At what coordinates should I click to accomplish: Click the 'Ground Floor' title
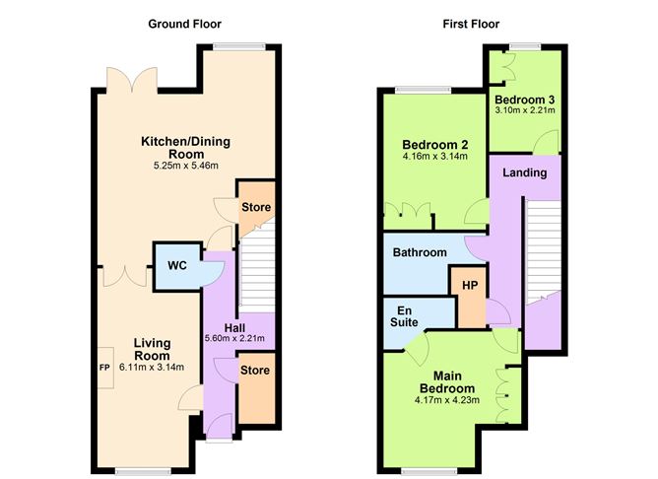point(184,24)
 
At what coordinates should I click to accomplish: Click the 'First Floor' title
point(472,24)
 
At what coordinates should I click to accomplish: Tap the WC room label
point(177,266)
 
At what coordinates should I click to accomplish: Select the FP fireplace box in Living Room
point(103,368)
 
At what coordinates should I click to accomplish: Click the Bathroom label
point(420,252)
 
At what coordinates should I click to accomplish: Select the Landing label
point(525,172)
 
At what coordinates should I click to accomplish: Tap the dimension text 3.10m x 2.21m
point(525,110)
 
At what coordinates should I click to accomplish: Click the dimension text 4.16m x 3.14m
point(433,156)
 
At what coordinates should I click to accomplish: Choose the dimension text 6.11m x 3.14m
point(153,368)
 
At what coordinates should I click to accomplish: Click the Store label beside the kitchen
point(255,207)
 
